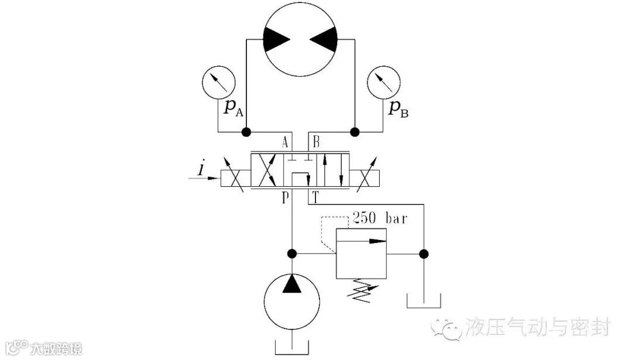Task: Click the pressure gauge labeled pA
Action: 219,84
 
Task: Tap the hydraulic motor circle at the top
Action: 301,40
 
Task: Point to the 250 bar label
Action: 380,220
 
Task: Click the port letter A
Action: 285,142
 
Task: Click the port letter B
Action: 316,142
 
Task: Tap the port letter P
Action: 285,197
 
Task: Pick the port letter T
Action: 315,197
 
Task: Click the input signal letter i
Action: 201,170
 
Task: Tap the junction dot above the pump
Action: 291,254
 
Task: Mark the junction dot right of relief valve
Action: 424,254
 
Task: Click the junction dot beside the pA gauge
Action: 246,131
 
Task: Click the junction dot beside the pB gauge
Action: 355,131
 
